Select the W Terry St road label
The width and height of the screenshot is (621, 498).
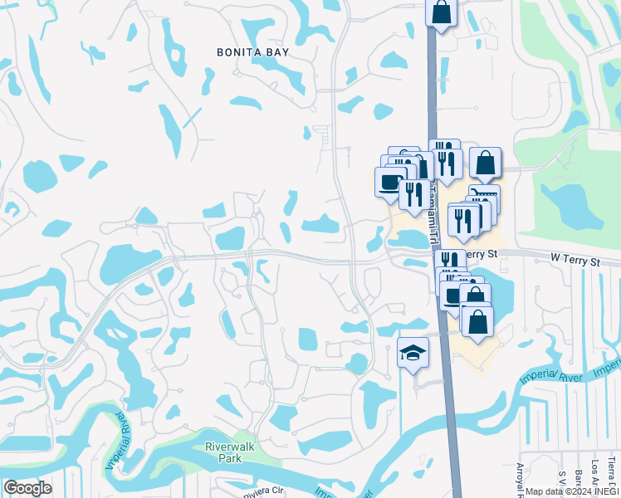[575, 260]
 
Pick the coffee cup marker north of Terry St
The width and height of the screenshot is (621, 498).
[389, 182]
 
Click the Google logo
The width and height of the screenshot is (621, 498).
[27, 488]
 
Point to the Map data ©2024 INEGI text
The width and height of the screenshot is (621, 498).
[571, 491]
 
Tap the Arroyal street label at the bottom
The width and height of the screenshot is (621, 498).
[521, 476]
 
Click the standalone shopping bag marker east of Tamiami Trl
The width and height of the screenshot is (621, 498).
[486, 162]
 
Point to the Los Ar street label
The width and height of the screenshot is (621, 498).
[594, 471]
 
